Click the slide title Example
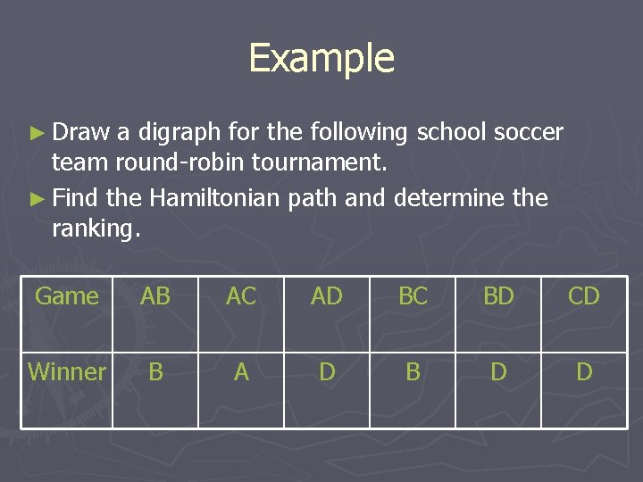(321, 58)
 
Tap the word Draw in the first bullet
(80, 133)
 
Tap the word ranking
(96, 229)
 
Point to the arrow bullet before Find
(37, 198)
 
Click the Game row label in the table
(67, 296)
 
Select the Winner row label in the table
(67, 371)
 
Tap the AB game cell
(155, 296)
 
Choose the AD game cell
(327, 296)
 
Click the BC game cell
(413, 296)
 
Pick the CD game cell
(584, 296)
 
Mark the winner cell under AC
(241, 371)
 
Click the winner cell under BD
(498, 371)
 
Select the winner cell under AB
(155, 371)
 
